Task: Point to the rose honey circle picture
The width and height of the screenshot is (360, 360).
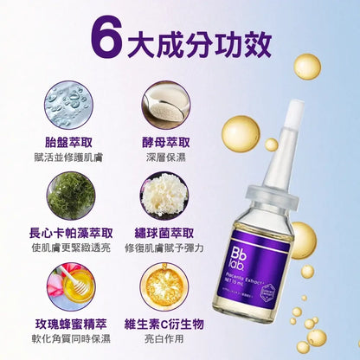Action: click(x=72, y=283)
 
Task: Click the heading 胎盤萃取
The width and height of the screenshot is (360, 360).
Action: click(x=72, y=141)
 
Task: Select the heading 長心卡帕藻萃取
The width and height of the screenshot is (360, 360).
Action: click(x=72, y=232)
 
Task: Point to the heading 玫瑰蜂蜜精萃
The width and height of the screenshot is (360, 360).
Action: click(x=72, y=323)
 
